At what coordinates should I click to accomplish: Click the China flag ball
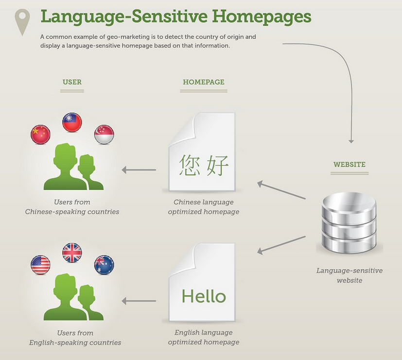click(40, 135)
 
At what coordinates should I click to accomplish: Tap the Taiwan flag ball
click(72, 122)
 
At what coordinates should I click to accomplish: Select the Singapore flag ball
click(104, 135)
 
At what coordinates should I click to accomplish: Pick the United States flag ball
click(40, 265)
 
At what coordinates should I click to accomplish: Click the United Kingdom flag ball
click(72, 253)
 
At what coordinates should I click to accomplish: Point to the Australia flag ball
click(104, 265)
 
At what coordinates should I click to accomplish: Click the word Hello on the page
click(204, 296)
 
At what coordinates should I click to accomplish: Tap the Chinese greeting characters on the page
click(204, 165)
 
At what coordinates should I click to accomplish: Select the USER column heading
click(72, 82)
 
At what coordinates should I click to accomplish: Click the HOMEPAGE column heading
click(204, 82)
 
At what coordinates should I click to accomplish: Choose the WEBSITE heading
click(350, 165)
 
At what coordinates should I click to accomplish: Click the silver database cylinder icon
click(350, 223)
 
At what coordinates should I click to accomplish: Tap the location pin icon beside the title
click(22, 22)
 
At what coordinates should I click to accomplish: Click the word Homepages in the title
click(262, 17)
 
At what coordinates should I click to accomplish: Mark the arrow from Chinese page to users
click(139, 170)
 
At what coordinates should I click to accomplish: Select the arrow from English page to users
click(139, 301)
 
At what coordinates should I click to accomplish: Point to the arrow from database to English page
click(281, 245)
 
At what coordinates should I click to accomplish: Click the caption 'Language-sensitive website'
click(350, 275)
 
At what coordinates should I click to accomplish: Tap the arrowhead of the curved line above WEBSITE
click(351, 141)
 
